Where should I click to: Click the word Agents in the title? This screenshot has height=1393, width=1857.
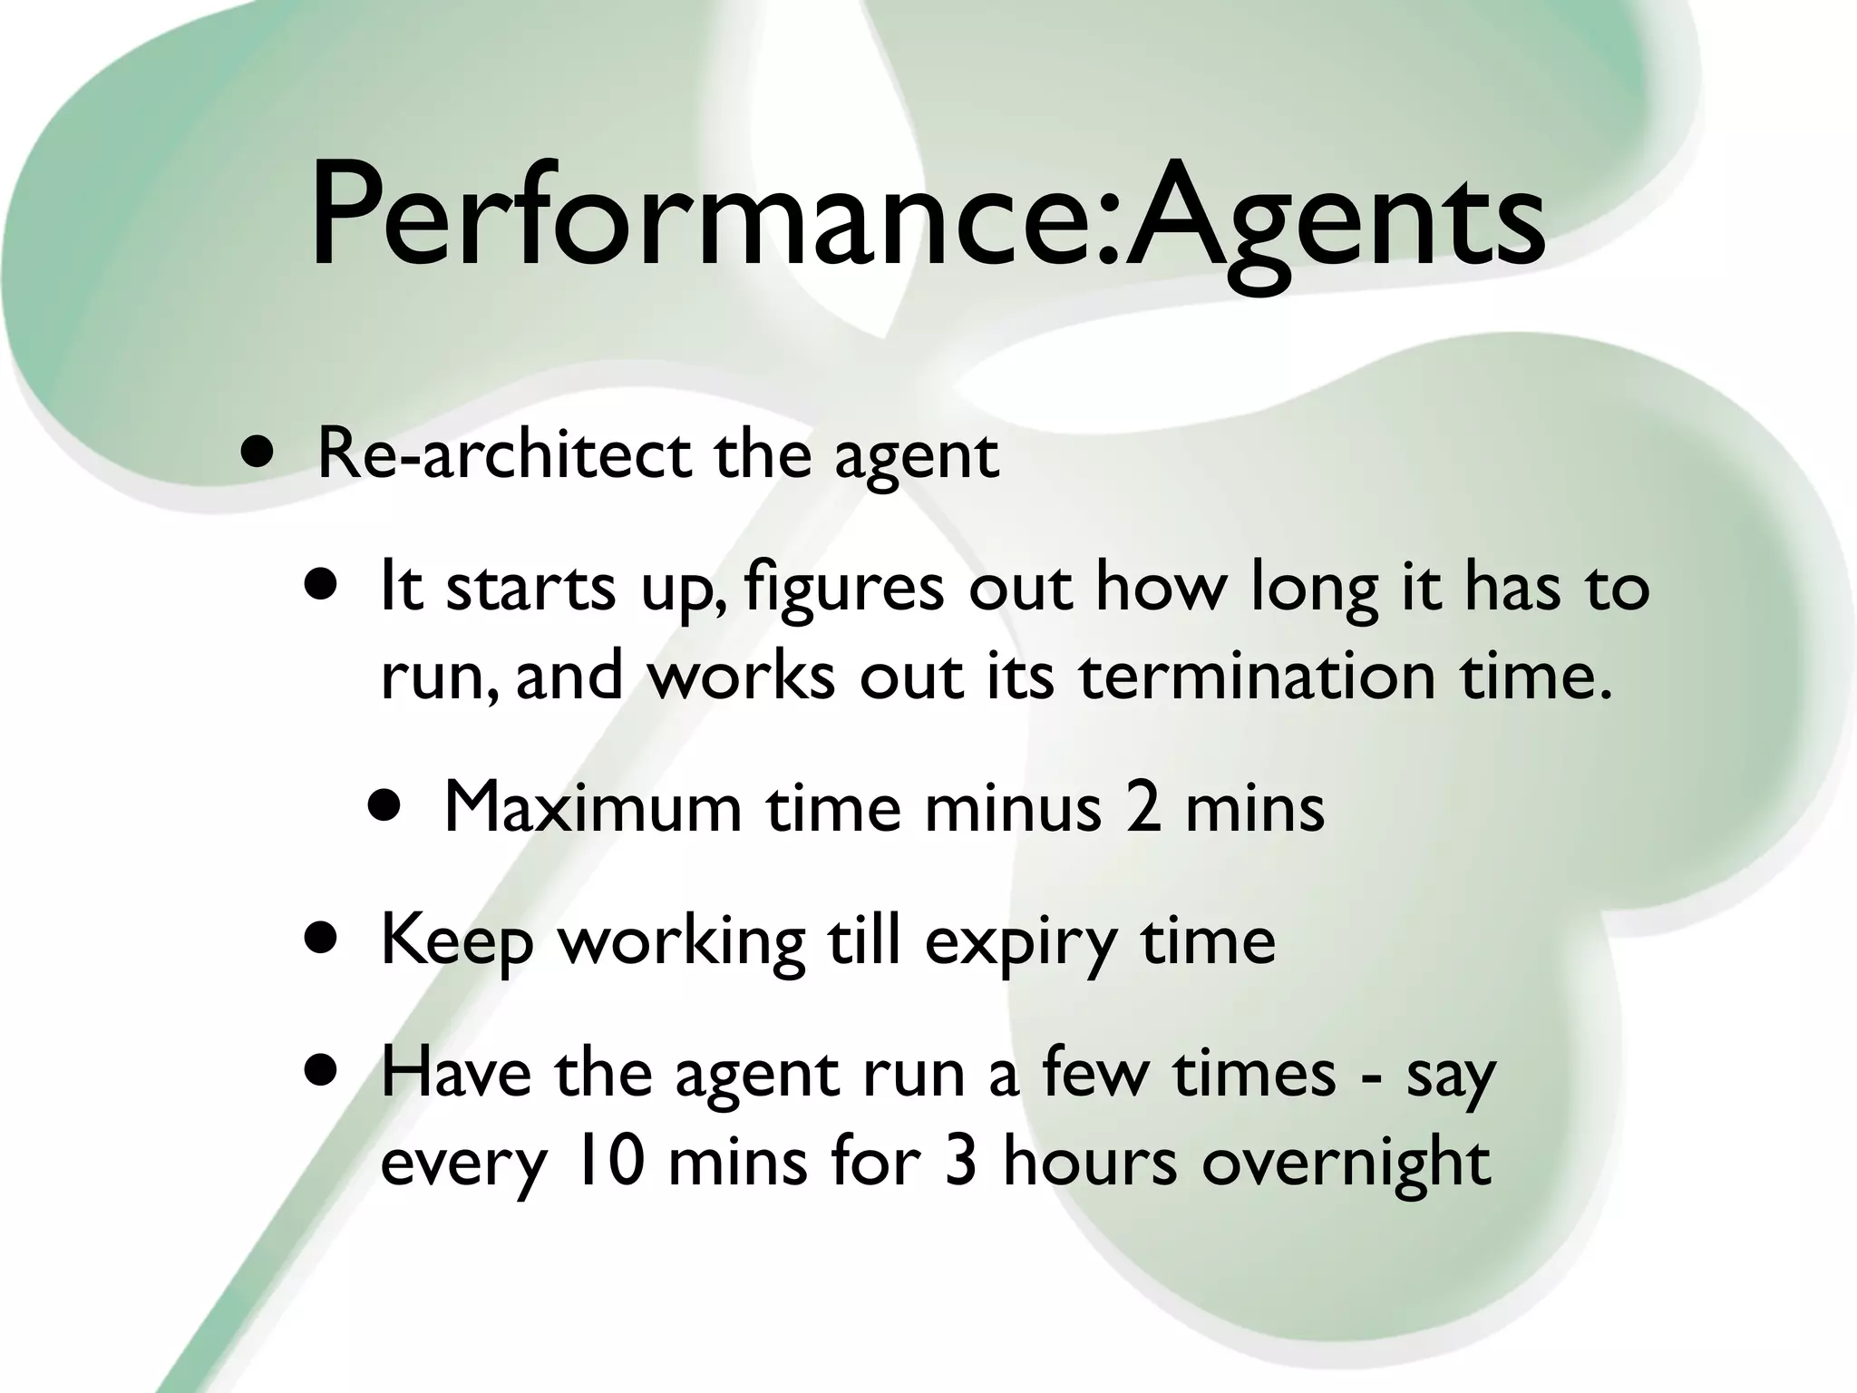[x=1333, y=222]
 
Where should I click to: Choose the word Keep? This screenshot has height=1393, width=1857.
[x=456, y=941]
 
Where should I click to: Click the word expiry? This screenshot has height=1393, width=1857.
[x=1020, y=943]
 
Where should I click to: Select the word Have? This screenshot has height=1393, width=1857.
[x=455, y=1073]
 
